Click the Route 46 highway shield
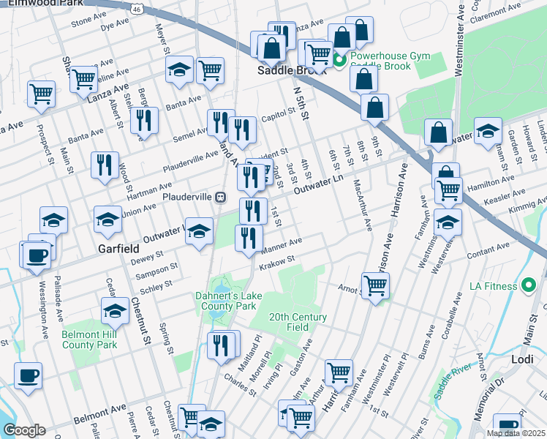coord(137,7)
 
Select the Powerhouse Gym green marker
coord(339,60)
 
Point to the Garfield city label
coord(118,249)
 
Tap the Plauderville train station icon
coord(219,197)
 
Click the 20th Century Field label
coord(298,323)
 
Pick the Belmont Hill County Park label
coord(90,339)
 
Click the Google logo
coord(25,429)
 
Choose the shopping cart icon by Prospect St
coord(41,93)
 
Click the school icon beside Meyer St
coord(180,70)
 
